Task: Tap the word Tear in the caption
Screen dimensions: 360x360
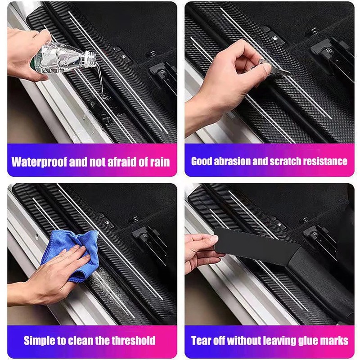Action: coord(202,340)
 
